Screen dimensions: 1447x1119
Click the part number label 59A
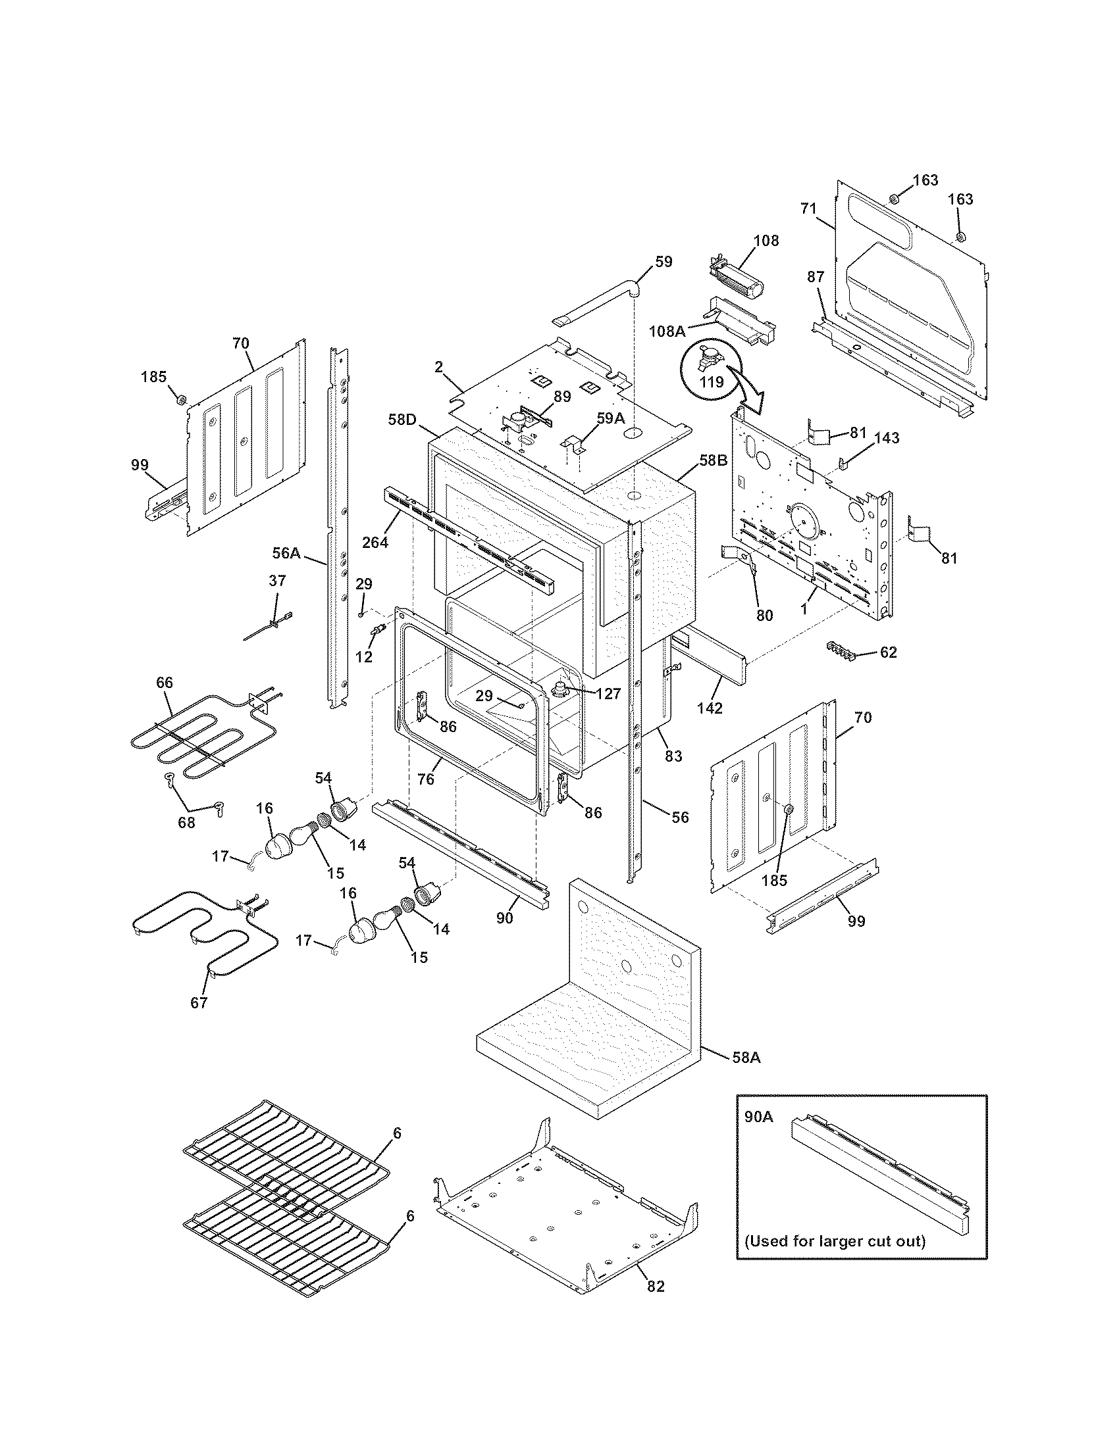point(611,418)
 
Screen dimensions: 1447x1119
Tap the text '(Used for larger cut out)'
point(834,1241)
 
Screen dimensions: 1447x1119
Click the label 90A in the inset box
point(758,1117)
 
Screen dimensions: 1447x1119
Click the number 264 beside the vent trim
point(375,541)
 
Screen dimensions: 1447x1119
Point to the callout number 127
point(608,694)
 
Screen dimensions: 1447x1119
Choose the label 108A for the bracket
point(667,331)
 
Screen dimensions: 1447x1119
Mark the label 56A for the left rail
point(286,552)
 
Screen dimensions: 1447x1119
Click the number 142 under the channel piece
point(710,708)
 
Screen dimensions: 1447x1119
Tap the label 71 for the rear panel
point(808,208)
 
